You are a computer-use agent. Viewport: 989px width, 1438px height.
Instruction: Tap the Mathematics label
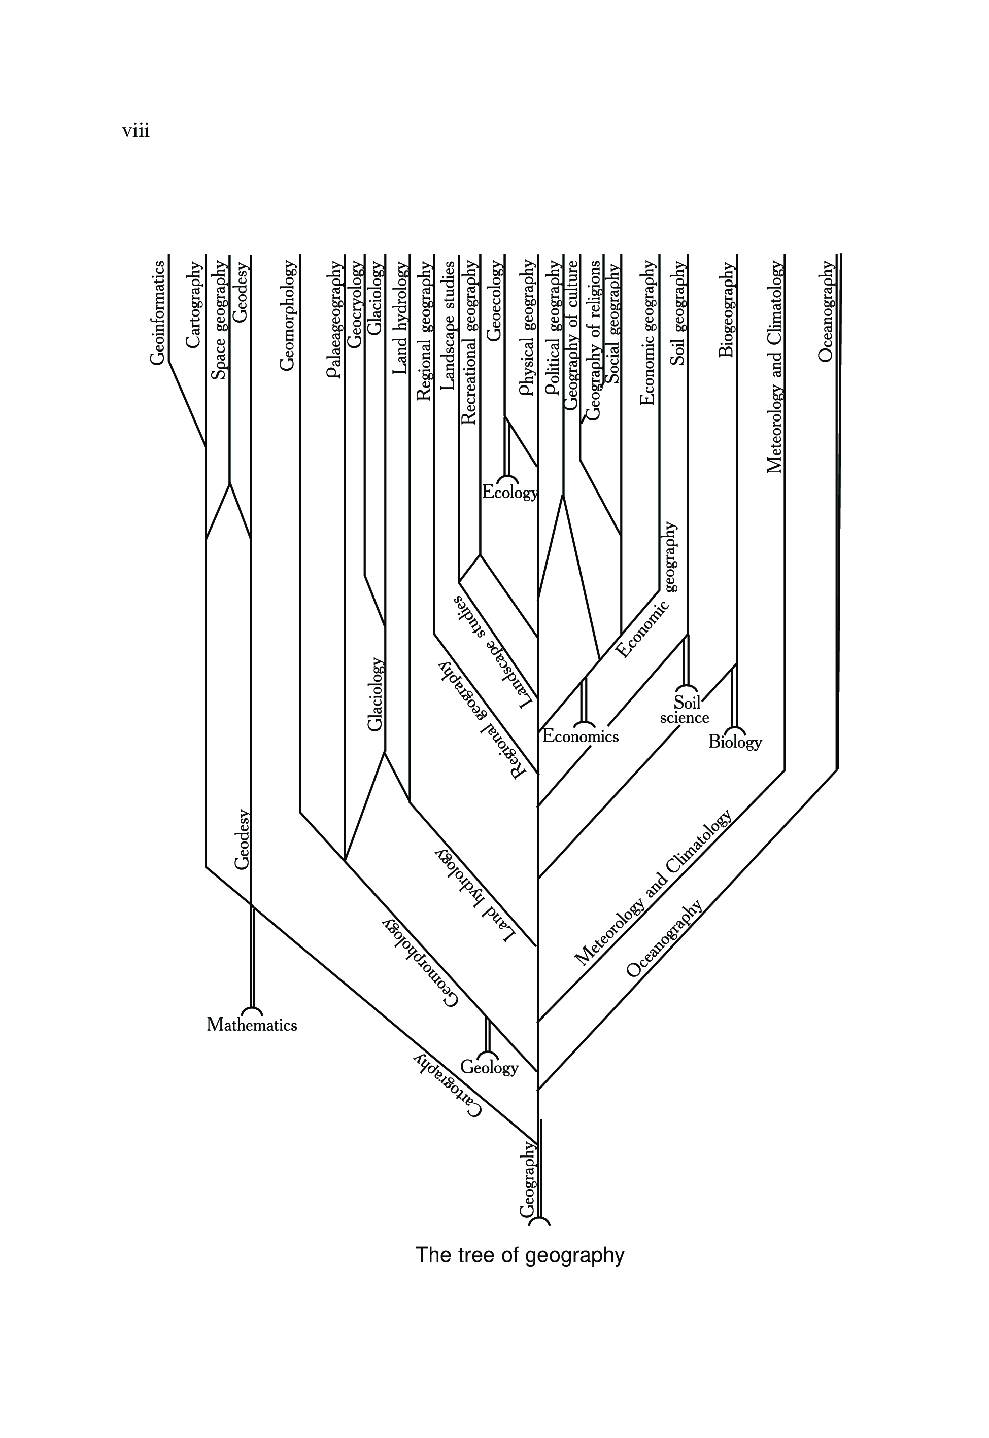tap(252, 1025)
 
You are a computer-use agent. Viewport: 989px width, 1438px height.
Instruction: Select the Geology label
tap(489, 1067)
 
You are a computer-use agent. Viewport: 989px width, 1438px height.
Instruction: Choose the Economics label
tap(580, 736)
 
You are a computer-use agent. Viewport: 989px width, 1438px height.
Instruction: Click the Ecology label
tap(510, 493)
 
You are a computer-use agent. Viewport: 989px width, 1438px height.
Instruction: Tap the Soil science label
tap(685, 710)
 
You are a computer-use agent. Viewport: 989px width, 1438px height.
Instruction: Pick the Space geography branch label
tap(219, 320)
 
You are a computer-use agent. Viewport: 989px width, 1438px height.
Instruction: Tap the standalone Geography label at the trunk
tap(527, 1179)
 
